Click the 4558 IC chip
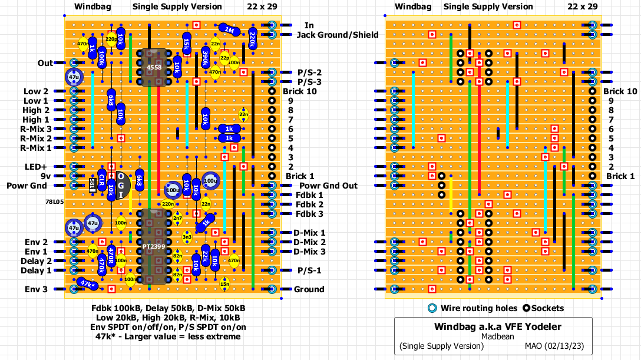coord(153,68)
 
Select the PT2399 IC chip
coord(153,246)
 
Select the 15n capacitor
coord(224,285)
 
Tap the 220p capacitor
coord(111,39)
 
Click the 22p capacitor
coord(224,58)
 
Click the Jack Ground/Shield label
coord(337,35)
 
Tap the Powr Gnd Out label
coord(326,186)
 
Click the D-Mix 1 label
coord(309,233)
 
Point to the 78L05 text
coord(54,201)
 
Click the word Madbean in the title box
coord(498,336)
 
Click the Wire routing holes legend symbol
coord(432,308)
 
